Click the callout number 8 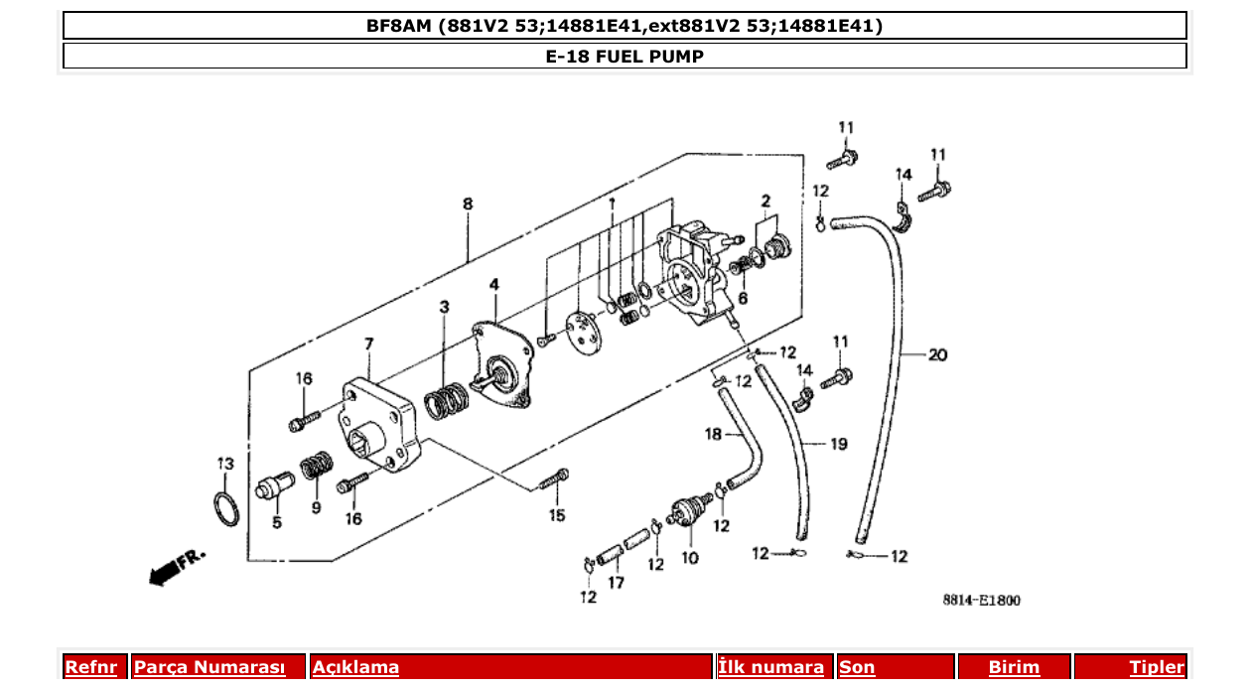click(468, 204)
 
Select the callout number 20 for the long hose click(937, 354)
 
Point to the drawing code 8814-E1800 click(981, 600)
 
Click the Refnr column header click(90, 667)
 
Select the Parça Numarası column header click(209, 667)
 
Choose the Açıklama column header click(355, 667)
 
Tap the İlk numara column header click(770, 667)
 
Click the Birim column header click(1014, 667)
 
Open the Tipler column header click(1157, 667)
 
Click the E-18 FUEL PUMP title click(625, 57)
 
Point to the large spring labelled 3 click(447, 402)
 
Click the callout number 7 click(368, 344)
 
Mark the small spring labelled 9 click(316, 466)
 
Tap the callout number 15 click(557, 514)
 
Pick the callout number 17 click(616, 583)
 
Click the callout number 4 click(493, 285)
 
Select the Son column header click(857, 667)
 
